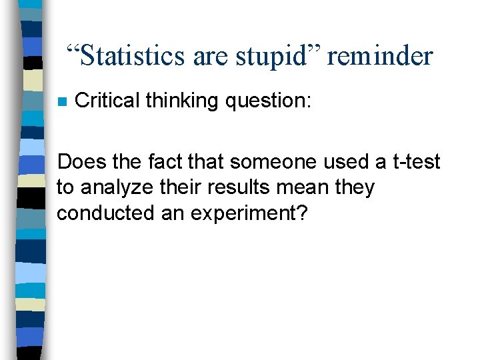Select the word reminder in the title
(x=380, y=56)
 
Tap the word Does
(x=79, y=162)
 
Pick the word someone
(x=260, y=162)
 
